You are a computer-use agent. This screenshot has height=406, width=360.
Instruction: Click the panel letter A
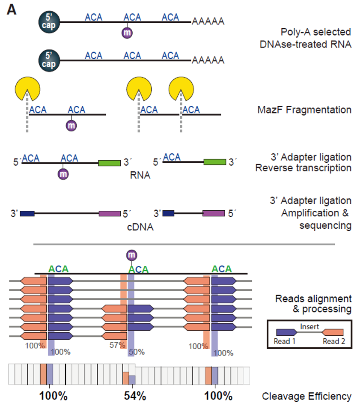12,10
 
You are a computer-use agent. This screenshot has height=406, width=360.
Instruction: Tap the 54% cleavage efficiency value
135,396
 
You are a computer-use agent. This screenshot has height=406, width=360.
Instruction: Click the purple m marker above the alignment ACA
131,255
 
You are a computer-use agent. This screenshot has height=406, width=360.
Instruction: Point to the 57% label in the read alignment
117,345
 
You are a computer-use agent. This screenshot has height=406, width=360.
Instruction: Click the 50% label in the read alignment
137,352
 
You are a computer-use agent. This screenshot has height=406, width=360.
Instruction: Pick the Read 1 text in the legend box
284,341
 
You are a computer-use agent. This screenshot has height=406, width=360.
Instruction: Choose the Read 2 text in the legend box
334,341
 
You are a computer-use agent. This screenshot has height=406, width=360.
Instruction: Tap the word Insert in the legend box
309,327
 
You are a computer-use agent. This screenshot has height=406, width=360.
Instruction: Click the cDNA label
140,227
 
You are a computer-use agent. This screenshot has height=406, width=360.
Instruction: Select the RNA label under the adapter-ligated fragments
140,175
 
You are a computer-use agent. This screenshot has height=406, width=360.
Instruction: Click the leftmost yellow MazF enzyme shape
27,89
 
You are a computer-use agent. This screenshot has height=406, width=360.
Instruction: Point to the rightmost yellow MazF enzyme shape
181,89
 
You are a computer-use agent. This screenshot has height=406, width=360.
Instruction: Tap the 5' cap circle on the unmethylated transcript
49,60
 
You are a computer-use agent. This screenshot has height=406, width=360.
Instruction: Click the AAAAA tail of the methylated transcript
208,21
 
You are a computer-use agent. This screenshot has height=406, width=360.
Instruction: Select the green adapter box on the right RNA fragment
215,162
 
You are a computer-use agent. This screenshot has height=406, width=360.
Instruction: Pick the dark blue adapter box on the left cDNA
27,214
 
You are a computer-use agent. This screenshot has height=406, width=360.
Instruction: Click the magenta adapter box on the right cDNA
214,213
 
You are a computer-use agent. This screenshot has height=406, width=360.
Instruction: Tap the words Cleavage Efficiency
306,397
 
